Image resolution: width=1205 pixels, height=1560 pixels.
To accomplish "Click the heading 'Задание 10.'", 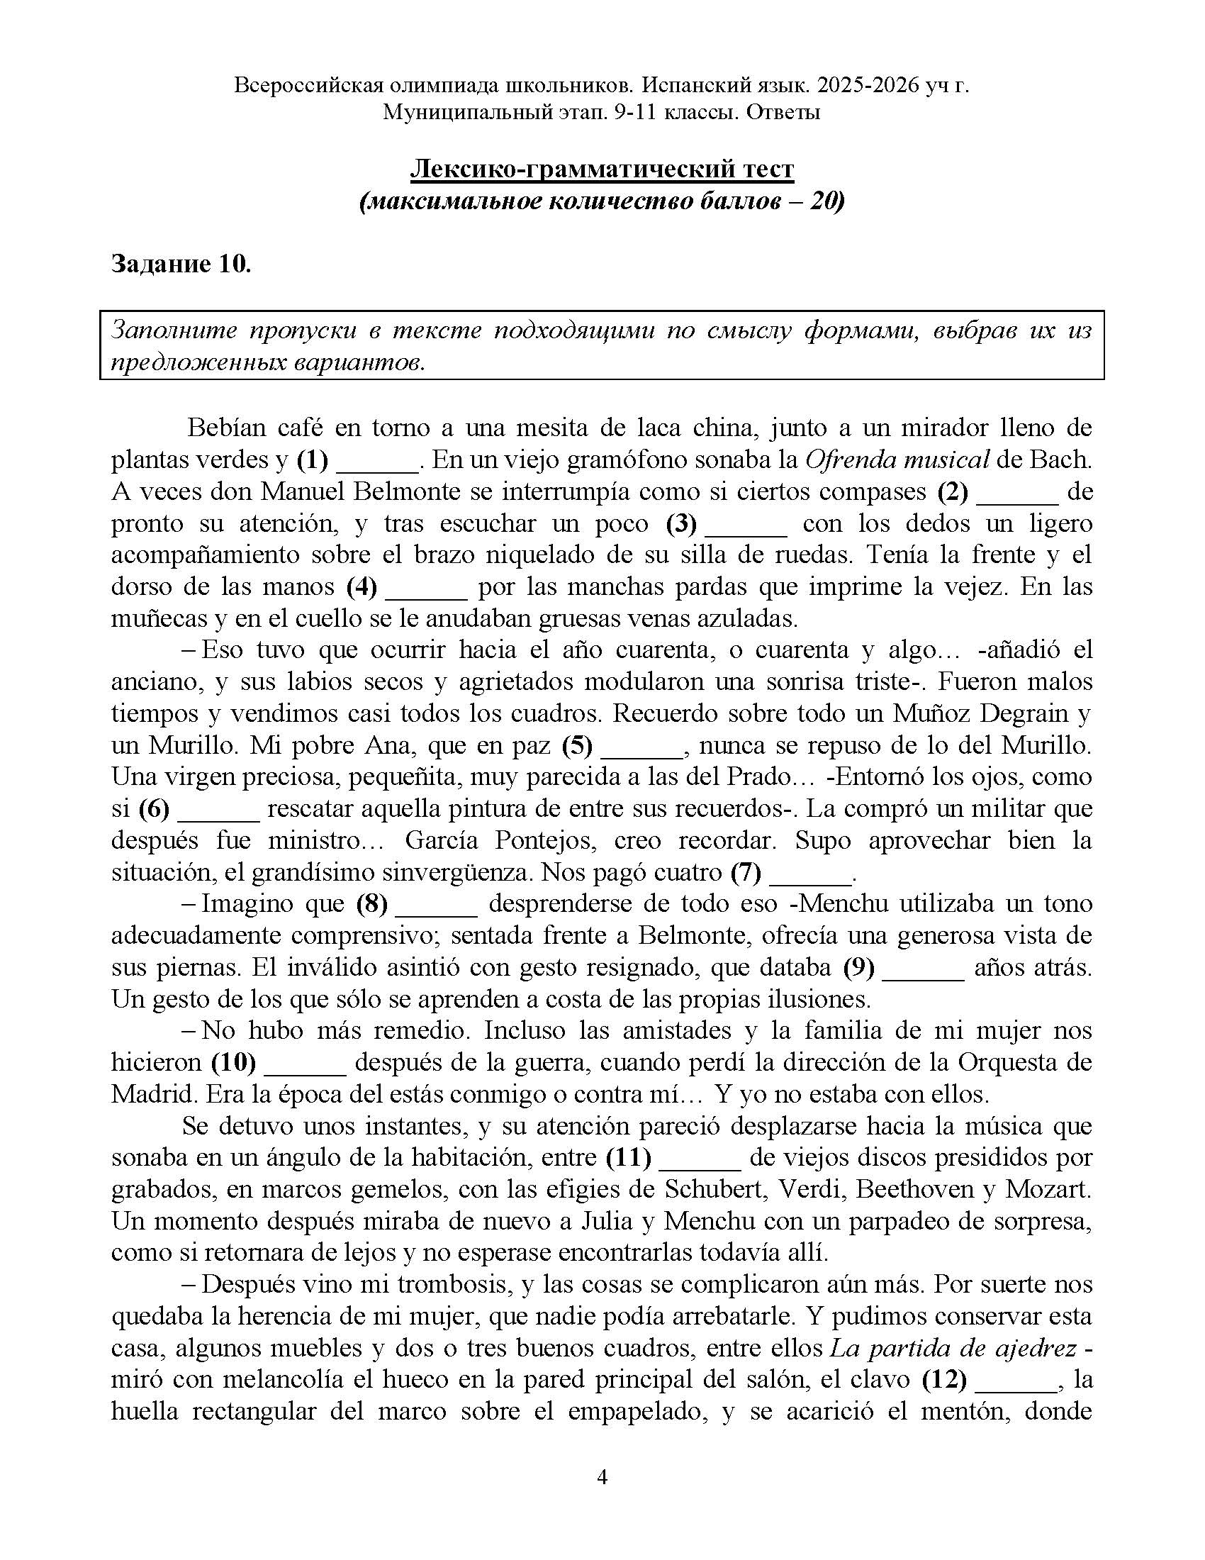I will click(181, 264).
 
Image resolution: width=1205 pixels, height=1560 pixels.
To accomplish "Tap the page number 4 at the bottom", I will click(602, 1476).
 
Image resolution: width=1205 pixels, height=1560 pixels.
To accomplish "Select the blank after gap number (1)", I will click(377, 461).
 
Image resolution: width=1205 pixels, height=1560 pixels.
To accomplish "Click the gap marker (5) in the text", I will click(577, 746).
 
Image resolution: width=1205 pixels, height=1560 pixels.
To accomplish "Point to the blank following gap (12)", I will click(1016, 1379).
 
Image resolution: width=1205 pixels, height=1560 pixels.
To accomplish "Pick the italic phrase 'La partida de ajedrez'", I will click(953, 1348).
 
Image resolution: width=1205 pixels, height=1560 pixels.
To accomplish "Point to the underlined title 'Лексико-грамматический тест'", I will click(602, 169).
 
